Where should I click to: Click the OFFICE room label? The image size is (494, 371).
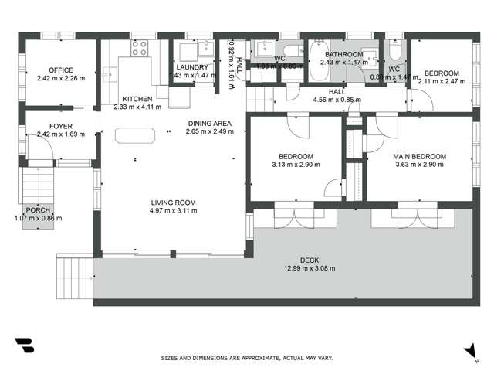60,70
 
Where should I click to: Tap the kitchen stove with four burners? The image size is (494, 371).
140,49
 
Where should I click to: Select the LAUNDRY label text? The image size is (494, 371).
193,67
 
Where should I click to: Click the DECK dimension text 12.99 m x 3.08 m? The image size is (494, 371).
316,270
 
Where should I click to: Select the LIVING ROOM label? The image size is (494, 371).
173,203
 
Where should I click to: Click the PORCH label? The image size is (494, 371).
37,210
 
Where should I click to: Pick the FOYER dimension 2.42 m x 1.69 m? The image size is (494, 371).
59,134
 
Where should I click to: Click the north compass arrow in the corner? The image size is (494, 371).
469,350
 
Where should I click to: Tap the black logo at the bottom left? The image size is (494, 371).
24,345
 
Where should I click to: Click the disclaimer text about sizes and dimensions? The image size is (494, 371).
247,359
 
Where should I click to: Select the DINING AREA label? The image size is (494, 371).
209,124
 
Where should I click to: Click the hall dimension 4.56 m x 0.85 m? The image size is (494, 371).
337,100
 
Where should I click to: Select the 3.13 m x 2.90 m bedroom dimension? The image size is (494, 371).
295,164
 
